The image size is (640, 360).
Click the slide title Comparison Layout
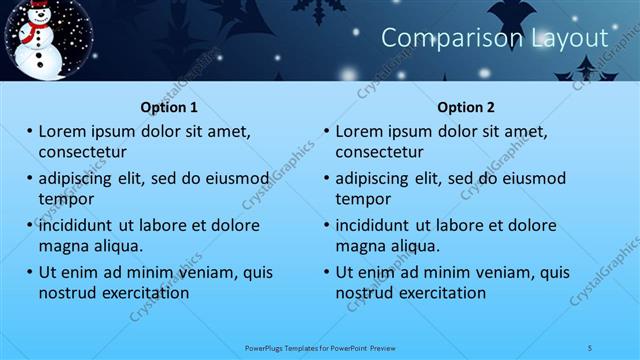point(495,38)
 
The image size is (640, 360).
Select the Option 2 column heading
point(466,107)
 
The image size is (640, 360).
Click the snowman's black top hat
point(38,8)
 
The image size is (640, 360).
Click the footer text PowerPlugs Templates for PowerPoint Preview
point(321,347)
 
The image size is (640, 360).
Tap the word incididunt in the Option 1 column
point(81,225)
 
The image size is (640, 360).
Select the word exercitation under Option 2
point(440,293)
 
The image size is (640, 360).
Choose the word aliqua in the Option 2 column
point(413,246)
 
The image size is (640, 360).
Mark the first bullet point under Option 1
point(30,131)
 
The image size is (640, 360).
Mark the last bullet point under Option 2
point(327,272)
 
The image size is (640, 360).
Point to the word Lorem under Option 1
point(63,131)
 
